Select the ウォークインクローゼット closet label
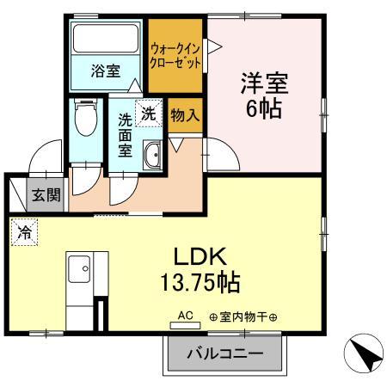[x=175, y=56]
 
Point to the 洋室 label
[x=263, y=84]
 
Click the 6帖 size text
[x=263, y=109]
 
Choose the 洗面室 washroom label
[x=125, y=135]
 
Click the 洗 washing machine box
[x=148, y=112]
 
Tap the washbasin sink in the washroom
[x=152, y=157]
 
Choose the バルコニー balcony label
[x=224, y=353]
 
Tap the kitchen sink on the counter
[x=77, y=267]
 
